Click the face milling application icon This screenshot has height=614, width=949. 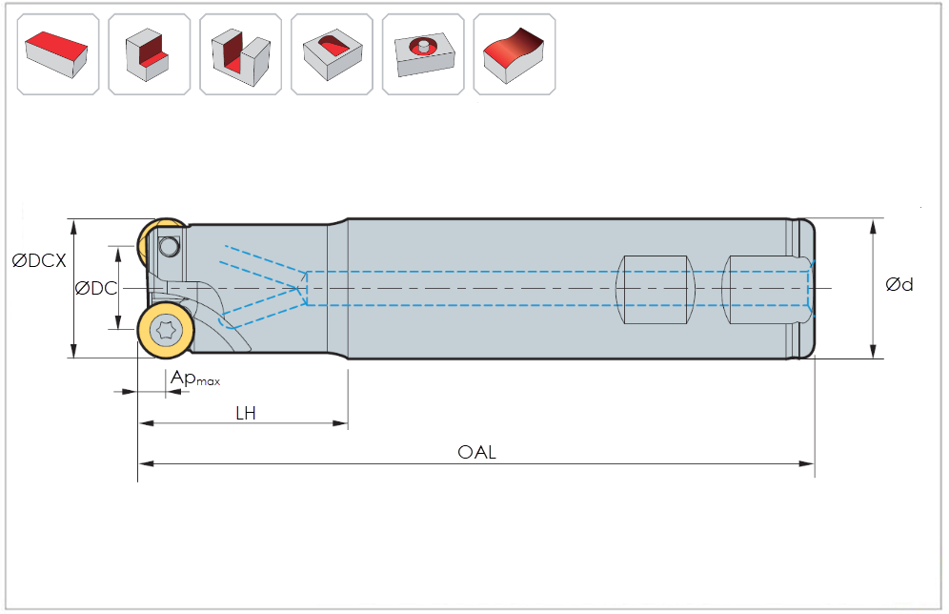click(x=58, y=53)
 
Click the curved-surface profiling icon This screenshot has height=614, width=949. click(x=515, y=53)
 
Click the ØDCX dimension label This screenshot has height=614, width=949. click(x=39, y=260)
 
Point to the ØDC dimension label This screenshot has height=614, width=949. click(x=95, y=288)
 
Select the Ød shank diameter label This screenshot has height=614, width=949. click(x=899, y=284)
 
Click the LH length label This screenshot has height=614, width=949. click(x=246, y=413)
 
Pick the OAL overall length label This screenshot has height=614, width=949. click(x=476, y=453)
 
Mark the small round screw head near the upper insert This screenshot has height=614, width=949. click(x=170, y=247)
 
